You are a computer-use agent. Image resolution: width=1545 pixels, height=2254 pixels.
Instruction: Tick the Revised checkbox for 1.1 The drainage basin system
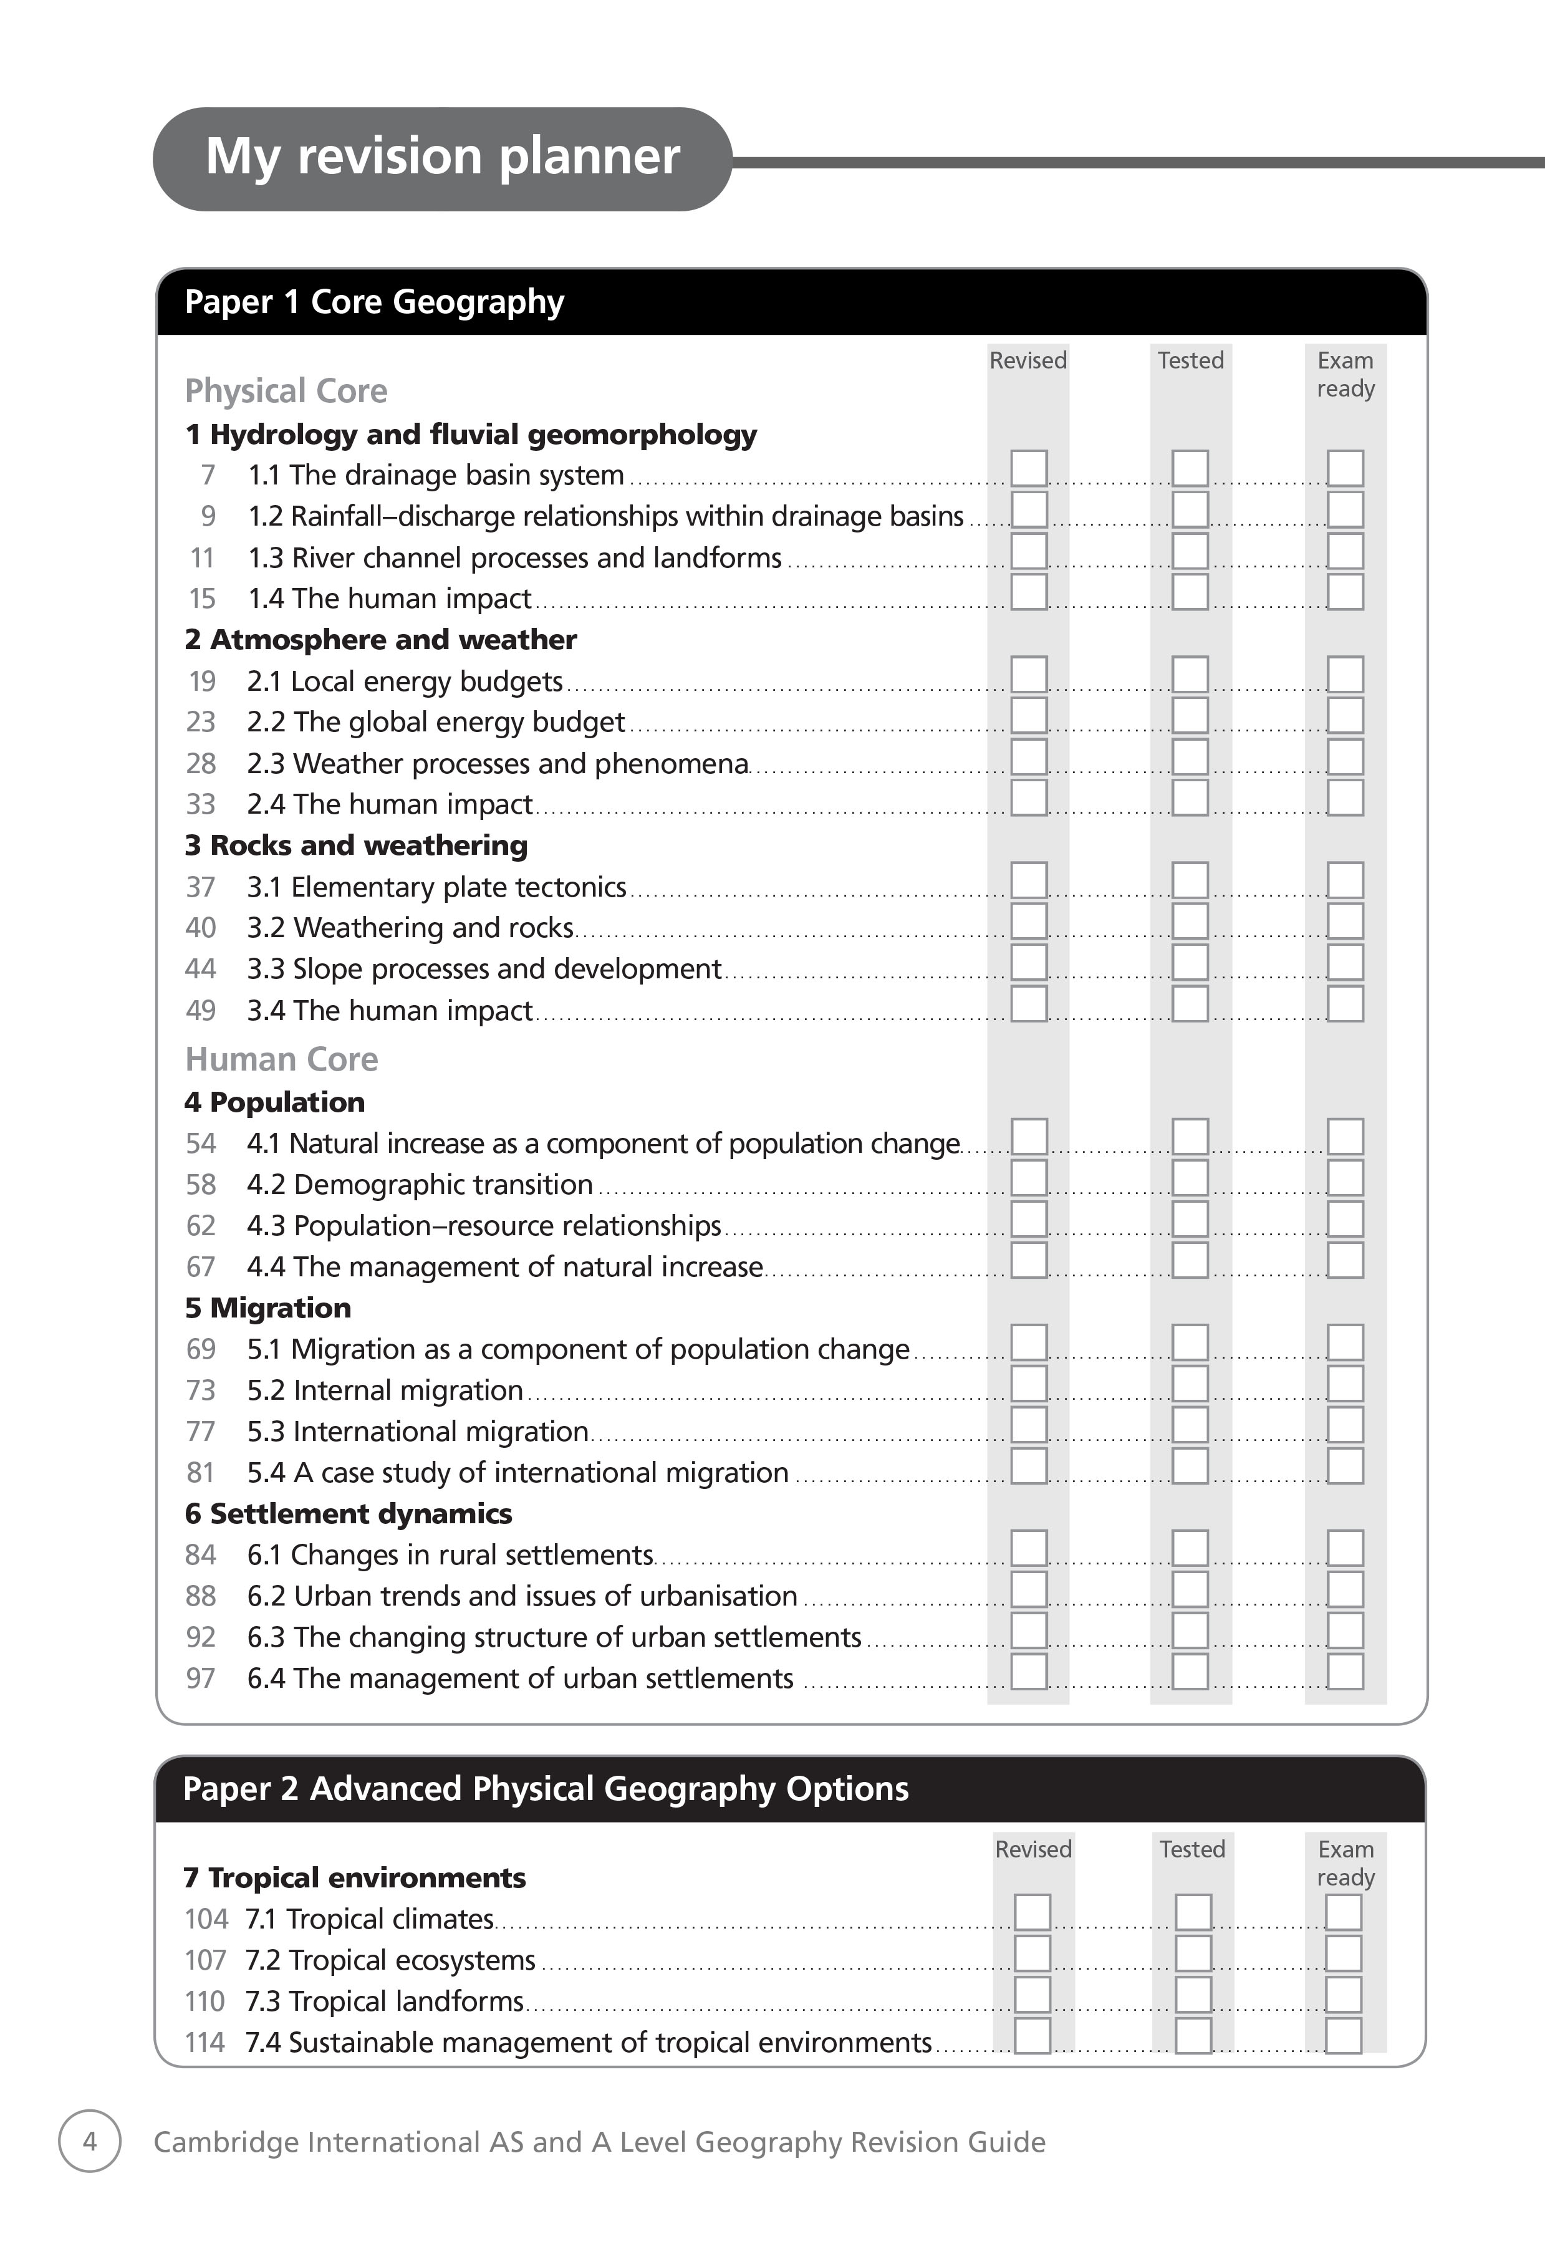[1028, 468]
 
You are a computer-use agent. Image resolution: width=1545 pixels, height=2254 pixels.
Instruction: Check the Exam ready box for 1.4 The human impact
[1345, 592]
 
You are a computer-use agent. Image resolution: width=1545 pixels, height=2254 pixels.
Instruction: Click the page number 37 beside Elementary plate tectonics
[201, 887]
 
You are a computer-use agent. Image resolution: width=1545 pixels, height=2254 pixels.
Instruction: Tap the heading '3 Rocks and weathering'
[356, 845]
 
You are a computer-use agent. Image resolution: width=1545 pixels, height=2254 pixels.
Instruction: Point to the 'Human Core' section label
[281, 1059]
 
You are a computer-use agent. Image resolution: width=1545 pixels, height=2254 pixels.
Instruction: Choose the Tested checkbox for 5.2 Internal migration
[1190, 1384]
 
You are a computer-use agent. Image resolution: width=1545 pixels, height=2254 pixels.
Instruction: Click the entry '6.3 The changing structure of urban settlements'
[554, 1637]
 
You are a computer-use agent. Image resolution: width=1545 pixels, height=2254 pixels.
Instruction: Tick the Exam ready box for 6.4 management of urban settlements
[1345, 1672]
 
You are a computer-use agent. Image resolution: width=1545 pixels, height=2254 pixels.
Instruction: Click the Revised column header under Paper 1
[1028, 361]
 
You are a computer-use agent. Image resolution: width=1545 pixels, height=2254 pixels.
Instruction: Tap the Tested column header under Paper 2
[1192, 1849]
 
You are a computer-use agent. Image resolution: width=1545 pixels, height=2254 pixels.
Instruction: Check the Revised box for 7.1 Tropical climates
[1032, 1912]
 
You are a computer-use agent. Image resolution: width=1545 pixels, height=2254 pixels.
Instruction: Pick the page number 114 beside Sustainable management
[205, 2043]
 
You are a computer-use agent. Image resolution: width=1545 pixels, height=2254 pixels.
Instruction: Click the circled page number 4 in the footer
[90, 2142]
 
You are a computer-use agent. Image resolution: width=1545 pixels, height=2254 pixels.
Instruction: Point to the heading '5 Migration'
[267, 1308]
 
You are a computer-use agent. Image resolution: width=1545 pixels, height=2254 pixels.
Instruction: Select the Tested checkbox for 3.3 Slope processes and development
[1190, 962]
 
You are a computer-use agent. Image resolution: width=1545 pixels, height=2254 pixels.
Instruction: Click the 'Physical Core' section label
[286, 391]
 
